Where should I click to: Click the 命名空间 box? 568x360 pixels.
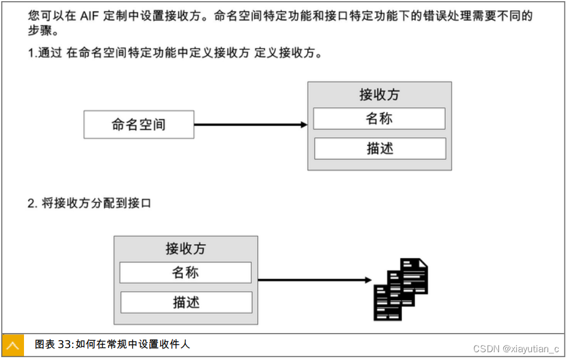pyautogui.click(x=139, y=125)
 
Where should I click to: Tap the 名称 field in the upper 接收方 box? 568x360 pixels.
pyautogui.click(x=379, y=119)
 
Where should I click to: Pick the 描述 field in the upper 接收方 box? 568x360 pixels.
pyautogui.click(x=380, y=148)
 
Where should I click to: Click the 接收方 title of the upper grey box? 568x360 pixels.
pyautogui.click(x=379, y=95)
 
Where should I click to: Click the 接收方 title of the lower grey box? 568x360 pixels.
pyautogui.click(x=186, y=248)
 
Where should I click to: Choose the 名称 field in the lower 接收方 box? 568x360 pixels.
pyautogui.click(x=185, y=272)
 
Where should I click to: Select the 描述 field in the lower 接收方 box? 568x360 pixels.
pyautogui.click(x=186, y=302)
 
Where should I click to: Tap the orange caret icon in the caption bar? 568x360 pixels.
pyautogui.click(x=13, y=345)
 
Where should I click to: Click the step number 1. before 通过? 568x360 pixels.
pyautogui.click(x=32, y=53)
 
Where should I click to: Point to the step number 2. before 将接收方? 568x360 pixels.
pyautogui.click(x=32, y=203)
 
